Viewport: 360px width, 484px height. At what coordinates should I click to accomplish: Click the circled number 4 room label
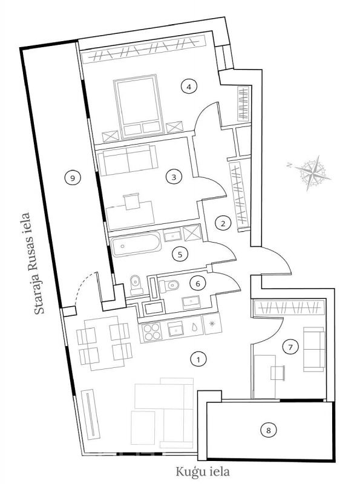click(189, 87)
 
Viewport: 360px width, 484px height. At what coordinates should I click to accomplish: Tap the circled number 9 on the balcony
click(73, 178)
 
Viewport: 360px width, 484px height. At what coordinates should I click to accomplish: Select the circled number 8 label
click(268, 430)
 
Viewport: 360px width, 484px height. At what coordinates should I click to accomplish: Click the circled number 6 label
click(198, 283)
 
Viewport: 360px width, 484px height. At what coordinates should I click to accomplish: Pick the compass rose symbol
click(312, 173)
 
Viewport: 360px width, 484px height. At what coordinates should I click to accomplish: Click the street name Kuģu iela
click(203, 472)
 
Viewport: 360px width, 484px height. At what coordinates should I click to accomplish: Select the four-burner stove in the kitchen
click(152, 332)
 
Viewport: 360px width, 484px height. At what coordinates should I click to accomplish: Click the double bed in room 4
click(139, 106)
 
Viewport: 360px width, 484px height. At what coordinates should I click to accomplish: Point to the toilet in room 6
click(169, 286)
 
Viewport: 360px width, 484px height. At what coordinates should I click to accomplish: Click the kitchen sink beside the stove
click(176, 329)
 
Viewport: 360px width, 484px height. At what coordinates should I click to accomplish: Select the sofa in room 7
click(314, 349)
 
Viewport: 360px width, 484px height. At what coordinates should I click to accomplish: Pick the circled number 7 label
click(290, 347)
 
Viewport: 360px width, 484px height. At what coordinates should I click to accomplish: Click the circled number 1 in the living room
click(198, 359)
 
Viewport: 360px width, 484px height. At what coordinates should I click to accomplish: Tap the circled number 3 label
click(174, 177)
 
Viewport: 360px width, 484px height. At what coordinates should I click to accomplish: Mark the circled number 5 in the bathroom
click(180, 254)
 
